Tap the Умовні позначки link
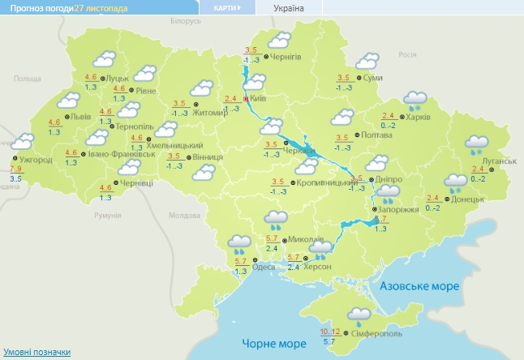click(x=36, y=352)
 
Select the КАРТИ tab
click(x=226, y=7)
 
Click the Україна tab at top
click(x=290, y=7)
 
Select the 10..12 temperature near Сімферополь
click(x=330, y=331)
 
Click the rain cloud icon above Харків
click(x=416, y=100)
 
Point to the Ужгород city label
click(x=37, y=160)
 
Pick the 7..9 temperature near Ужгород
click(x=15, y=169)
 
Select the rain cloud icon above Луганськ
click(x=477, y=145)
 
